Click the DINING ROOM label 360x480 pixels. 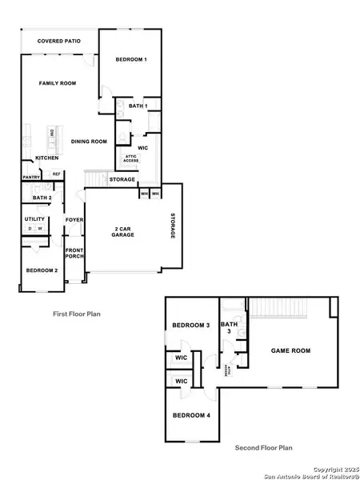90,142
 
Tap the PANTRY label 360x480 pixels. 30,177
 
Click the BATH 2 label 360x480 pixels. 42,198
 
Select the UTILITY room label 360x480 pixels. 34,218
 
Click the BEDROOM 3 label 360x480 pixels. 191,326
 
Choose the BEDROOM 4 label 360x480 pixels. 191,414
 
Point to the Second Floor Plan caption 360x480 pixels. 263,449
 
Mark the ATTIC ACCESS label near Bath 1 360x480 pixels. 131,158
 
